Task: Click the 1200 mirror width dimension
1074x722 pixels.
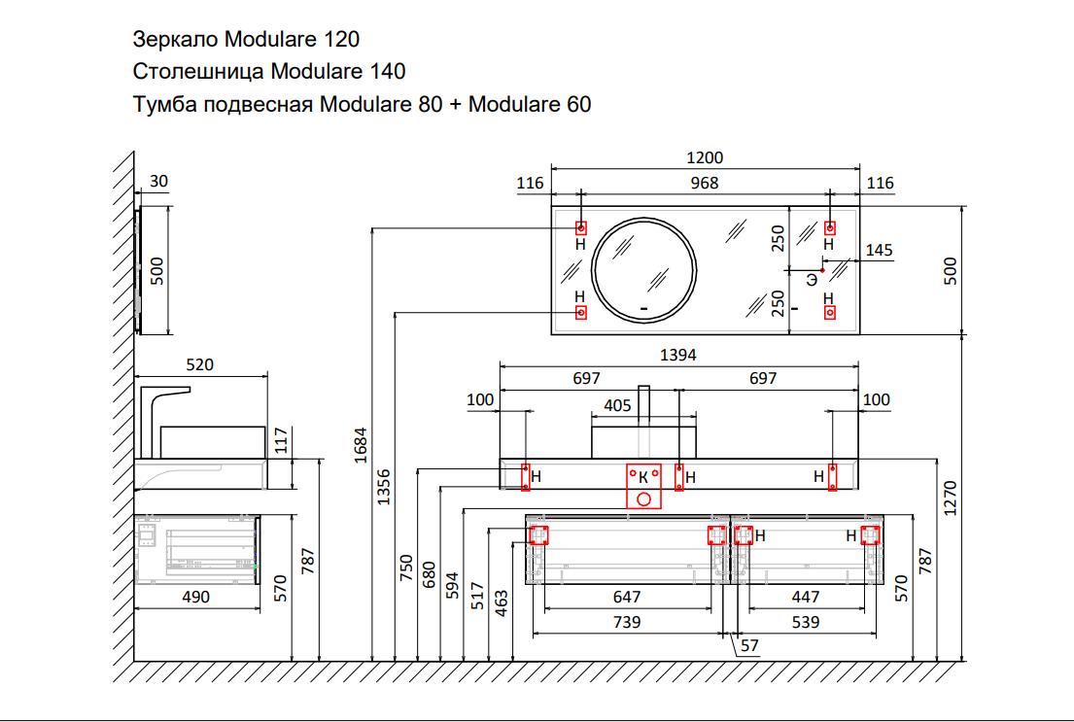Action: coord(705,158)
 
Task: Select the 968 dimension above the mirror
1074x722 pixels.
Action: coord(705,183)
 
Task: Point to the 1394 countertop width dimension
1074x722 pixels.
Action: coord(678,355)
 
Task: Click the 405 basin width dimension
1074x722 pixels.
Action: coord(617,405)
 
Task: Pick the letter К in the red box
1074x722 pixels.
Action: coord(642,476)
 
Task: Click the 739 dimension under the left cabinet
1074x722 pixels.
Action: coord(628,622)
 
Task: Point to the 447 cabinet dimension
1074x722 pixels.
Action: coord(806,597)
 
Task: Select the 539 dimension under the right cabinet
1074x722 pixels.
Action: coord(806,622)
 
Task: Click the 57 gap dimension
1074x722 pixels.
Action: coord(748,645)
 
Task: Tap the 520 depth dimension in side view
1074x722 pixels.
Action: coord(198,364)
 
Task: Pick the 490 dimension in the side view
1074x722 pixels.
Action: coord(196,597)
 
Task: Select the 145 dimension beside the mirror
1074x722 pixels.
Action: coord(879,251)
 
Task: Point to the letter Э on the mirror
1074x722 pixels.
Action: coord(811,280)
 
